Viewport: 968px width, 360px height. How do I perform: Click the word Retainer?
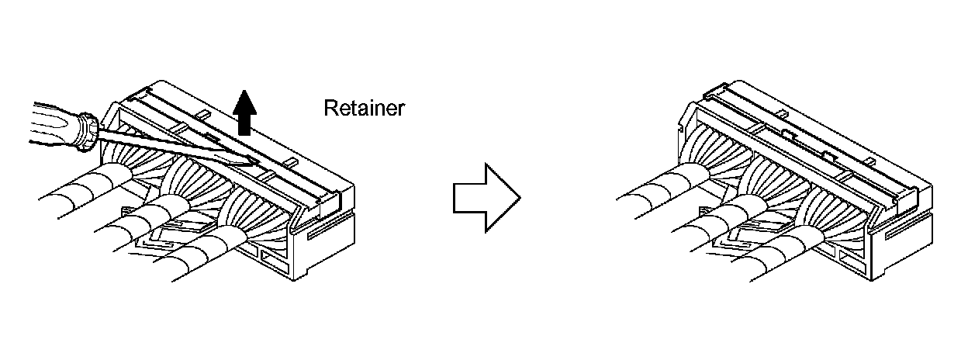364,108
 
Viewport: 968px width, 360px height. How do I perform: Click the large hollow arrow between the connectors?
486,197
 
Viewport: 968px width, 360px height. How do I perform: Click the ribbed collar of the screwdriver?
88,132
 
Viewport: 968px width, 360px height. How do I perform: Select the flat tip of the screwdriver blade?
247,161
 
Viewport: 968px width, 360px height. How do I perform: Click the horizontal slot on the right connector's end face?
899,230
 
